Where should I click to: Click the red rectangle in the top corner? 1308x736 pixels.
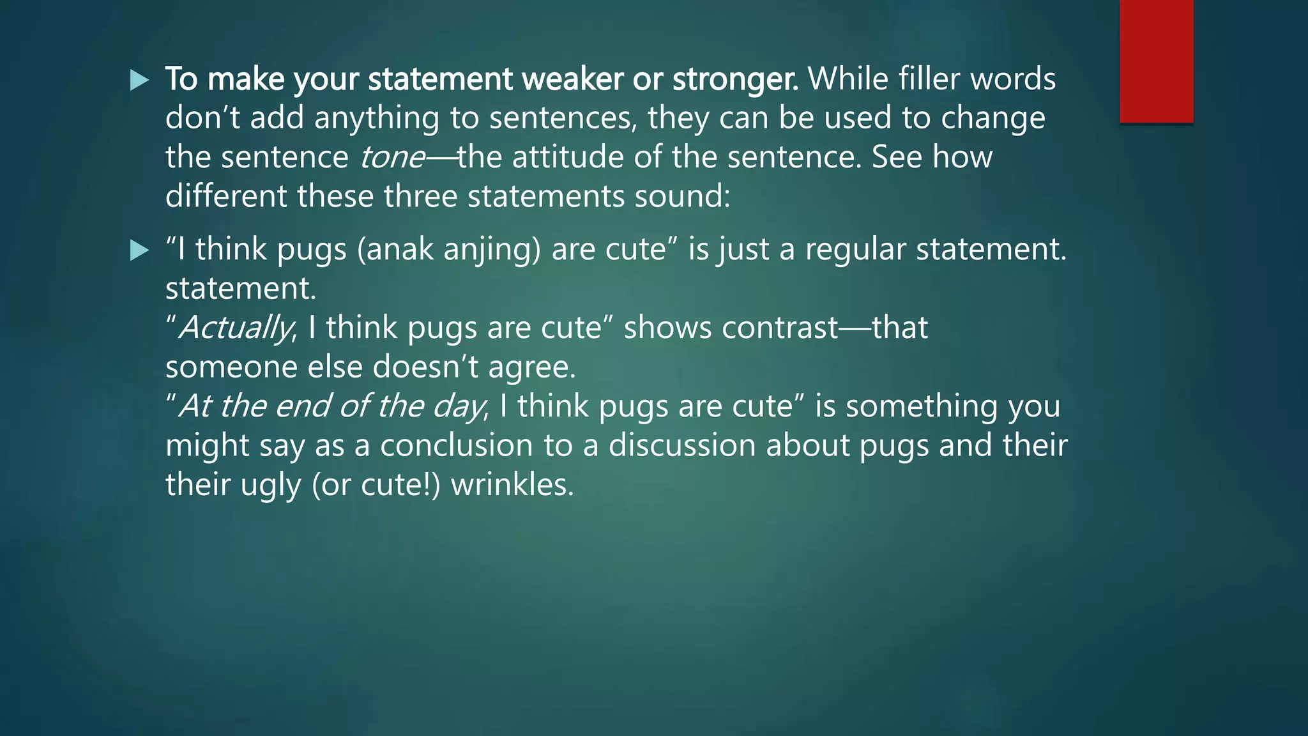click(x=1156, y=61)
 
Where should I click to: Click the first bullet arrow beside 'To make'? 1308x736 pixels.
click(x=139, y=80)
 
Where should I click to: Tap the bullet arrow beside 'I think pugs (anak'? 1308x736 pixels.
click(x=139, y=250)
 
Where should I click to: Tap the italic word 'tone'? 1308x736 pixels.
click(x=392, y=158)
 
